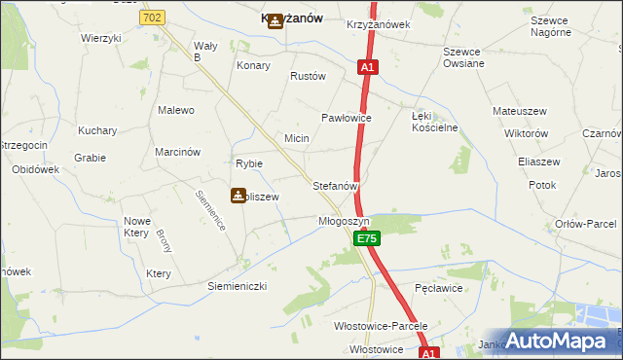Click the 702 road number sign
tap(152, 18)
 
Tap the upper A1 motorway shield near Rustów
tap(367, 68)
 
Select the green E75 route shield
tap(365, 238)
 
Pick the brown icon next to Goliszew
tap(238, 196)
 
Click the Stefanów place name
tap(336, 185)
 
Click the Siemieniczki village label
tap(238, 287)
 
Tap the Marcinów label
tap(177, 152)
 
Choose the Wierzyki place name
tap(101, 38)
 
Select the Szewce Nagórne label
tap(550, 26)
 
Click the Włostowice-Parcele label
tap(381, 326)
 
